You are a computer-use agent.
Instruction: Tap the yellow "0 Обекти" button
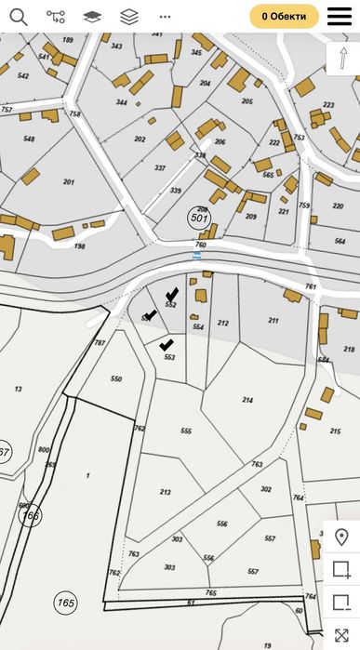pyautogui.click(x=284, y=16)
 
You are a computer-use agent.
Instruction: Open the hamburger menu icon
pyautogui.click(x=340, y=16)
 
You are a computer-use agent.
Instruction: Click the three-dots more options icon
pyautogui.click(x=165, y=16)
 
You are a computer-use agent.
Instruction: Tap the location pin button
pyautogui.click(x=341, y=537)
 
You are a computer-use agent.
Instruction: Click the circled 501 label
pyautogui.click(x=199, y=217)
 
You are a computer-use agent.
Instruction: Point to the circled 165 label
pyautogui.click(x=65, y=603)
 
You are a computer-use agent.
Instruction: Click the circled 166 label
pyautogui.click(x=31, y=514)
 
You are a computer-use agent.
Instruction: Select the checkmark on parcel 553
pyautogui.click(x=167, y=345)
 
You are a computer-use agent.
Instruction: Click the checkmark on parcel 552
pyautogui.click(x=171, y=295)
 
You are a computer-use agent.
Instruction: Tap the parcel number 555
pyautogui.click(x=186, y=431)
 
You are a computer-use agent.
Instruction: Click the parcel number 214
pyautogui.click(x=247, y=399)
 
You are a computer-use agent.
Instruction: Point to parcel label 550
pyautogui.click(x=115, y=379)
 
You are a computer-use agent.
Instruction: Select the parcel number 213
pyautogui.click(x=166, y=492)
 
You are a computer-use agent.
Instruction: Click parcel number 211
pyautogui.click(x=273, y=320)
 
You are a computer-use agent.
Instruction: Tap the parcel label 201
pyautogui.click(x=68, y=181)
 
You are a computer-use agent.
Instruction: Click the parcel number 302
pyautogui.click(x=266, y=488)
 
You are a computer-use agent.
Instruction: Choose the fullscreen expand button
pyautogui.click(x=341, y=635)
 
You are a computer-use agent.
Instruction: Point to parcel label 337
pyautogui.click(x=160, y=168)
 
